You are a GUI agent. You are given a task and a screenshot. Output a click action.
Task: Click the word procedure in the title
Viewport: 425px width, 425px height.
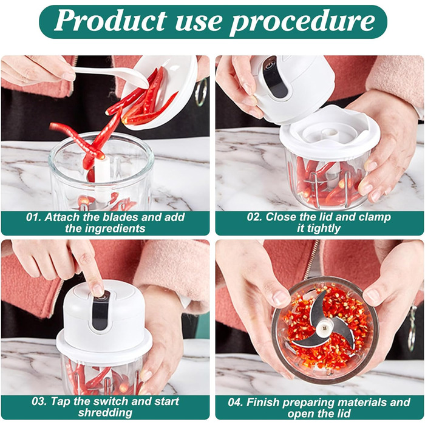tap(302, 23)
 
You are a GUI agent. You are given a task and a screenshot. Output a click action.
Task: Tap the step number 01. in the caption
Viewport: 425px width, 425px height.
tap(34, 217)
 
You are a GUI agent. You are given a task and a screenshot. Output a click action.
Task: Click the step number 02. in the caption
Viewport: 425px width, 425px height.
tap(254, 217)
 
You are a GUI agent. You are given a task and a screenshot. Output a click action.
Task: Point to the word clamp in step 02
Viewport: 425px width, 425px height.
tap(375, 218)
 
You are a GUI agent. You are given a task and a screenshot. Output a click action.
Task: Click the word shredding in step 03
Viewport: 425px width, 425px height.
tap(105, 413)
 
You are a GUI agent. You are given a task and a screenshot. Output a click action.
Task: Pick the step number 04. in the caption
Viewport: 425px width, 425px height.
tap(236, 402)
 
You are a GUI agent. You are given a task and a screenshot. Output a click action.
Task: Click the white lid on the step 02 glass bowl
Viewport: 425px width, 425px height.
tap(329, 133)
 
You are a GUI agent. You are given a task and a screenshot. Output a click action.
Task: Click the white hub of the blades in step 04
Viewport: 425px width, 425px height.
tap(324, 329)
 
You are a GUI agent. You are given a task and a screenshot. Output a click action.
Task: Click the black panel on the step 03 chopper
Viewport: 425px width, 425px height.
tap(99, 311)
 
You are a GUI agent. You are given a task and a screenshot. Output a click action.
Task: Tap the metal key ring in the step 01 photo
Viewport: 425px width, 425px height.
tap(201, 92)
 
